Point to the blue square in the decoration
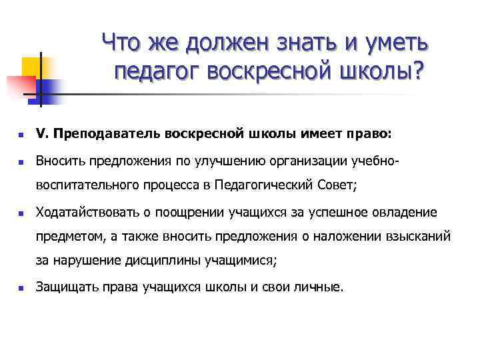[50, 88]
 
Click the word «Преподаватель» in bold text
[109, 134]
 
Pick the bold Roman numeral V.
[40, 134]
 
